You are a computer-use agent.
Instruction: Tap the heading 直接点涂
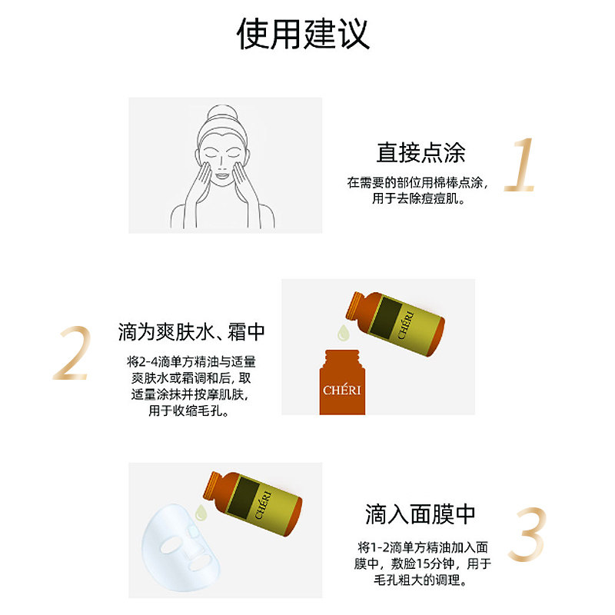click(x=421, y=152)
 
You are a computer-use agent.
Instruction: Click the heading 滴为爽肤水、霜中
click(x=191, y=332)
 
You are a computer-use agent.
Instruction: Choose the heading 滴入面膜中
click(x=420, y=514)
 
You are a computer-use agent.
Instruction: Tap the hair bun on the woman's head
click(x=222, y=109)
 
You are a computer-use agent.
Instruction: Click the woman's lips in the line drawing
click(x=222, y=177)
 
